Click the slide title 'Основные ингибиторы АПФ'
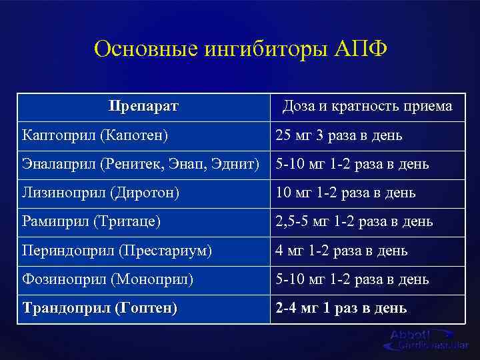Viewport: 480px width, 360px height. pyautogui.click(x=240, y=49)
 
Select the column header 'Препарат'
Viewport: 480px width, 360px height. pyautogui.click(x=143, y=106)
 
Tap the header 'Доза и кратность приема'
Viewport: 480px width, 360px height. pyautogui.click(x=367, y=106)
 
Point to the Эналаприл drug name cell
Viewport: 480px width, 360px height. pyautogui.click(x=143, y=164)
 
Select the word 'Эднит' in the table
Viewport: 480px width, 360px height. pyautogui.click(x=239, y=164)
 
